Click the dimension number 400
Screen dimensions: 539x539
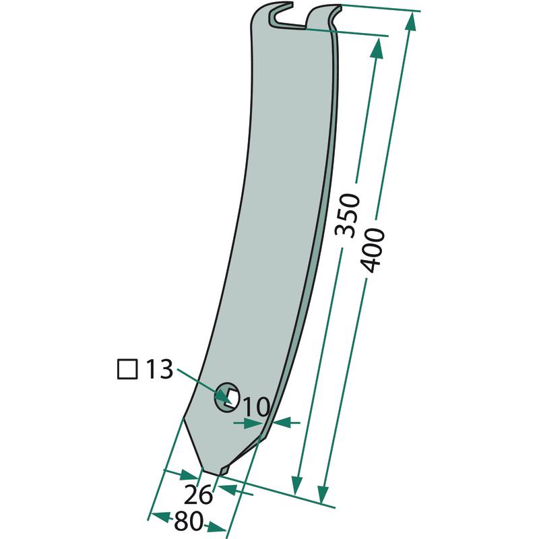click(372, 250)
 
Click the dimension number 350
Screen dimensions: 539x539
click(347, 216)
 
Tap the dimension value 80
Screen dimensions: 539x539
click(187, 521)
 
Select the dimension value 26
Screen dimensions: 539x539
click(198, 495)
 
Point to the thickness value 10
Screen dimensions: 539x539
click(257, 407)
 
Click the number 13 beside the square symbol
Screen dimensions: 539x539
click(159, 369)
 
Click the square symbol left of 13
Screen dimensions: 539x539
click(127, 369)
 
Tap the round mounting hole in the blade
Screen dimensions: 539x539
click(226, 396)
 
